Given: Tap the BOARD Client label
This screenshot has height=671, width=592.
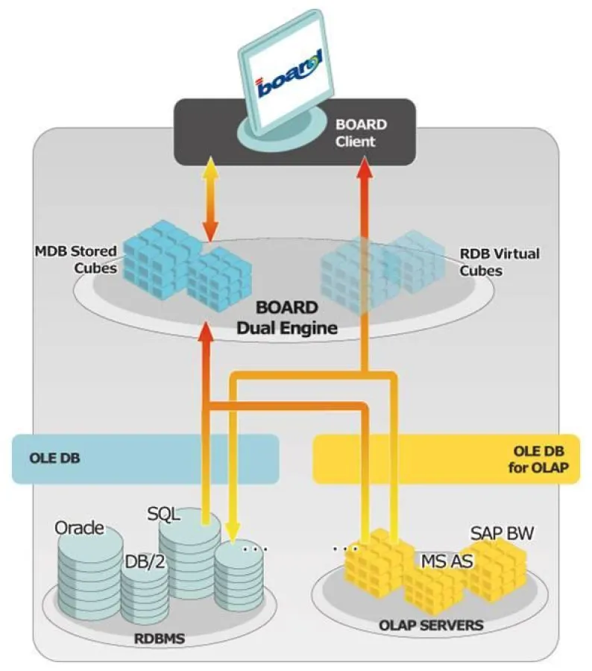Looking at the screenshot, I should pyautogui.click(x=361, y=133).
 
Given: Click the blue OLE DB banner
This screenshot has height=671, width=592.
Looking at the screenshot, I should pyautogui.click(x=146, y=458).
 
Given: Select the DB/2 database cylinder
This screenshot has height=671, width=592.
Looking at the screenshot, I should pyautogui.click(x=145, y=593).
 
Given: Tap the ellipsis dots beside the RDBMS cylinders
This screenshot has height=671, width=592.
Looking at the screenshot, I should pyautogui.click(x=254, y=548).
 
